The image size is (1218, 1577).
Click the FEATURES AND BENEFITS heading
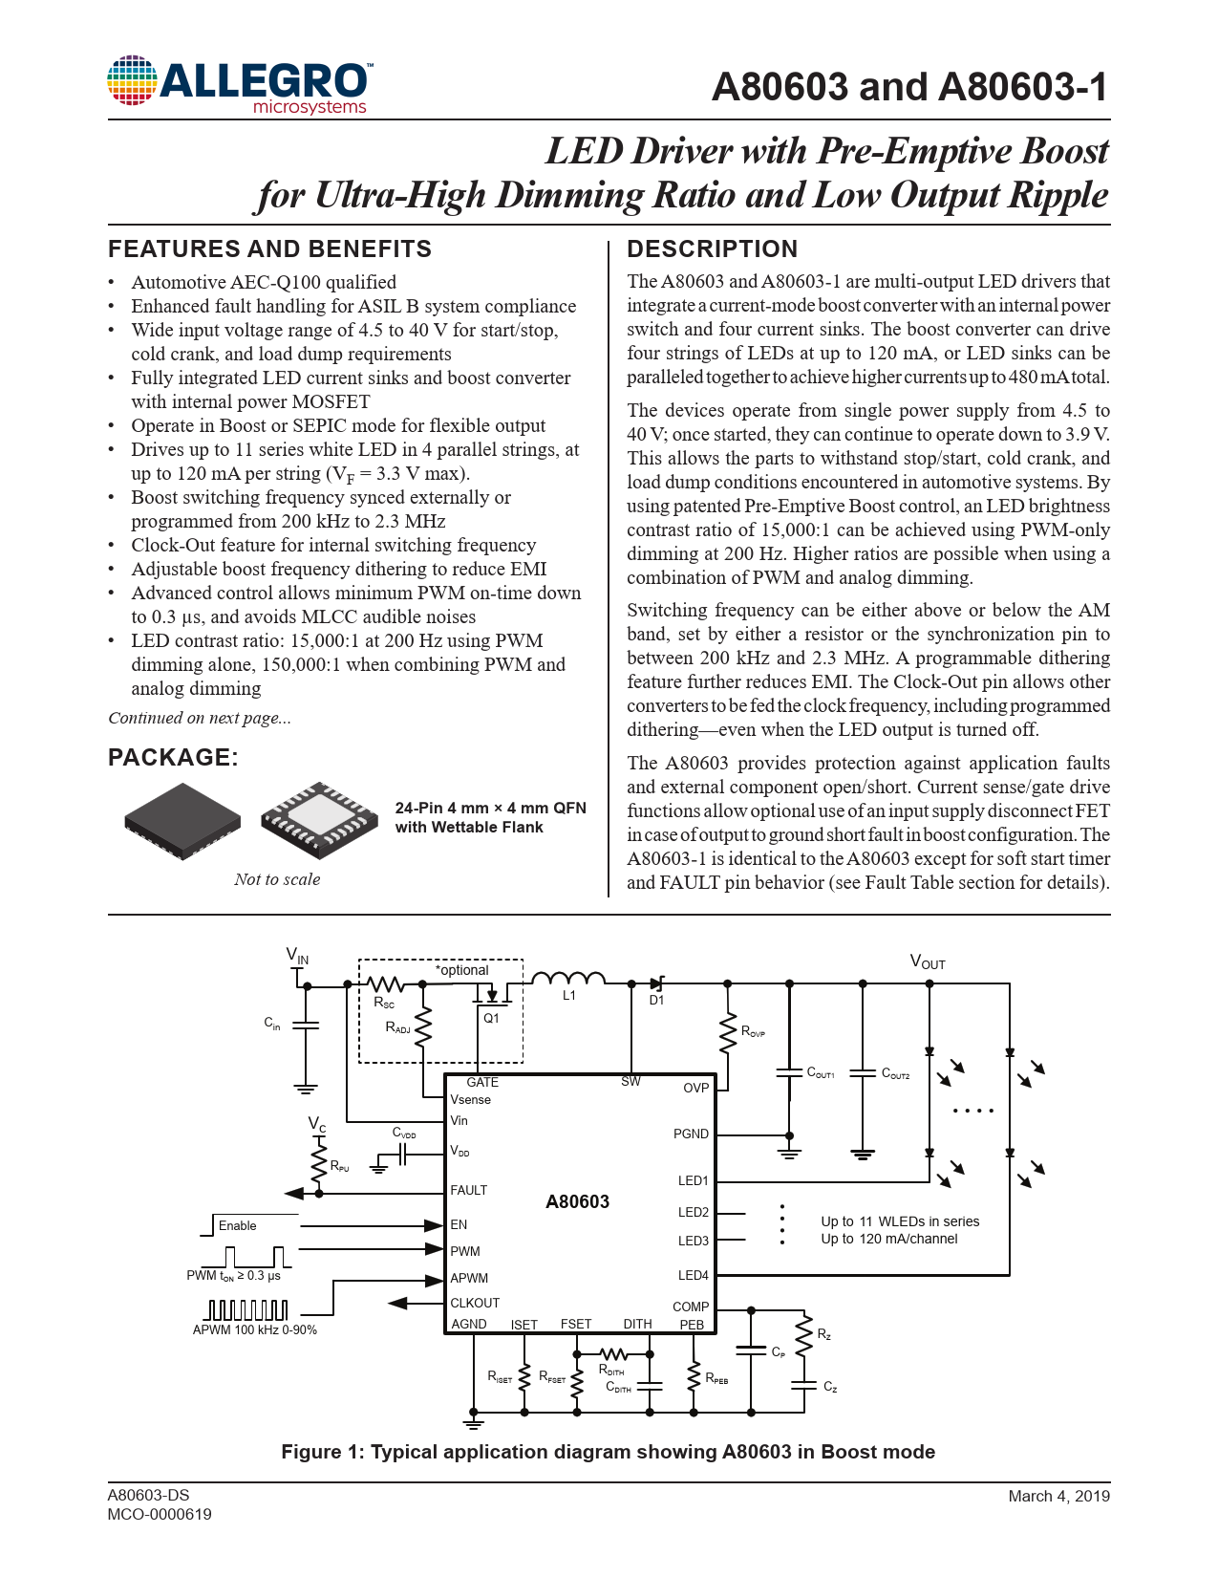[x=269, y=249]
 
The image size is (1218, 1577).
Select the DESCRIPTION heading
[x=712, y=249]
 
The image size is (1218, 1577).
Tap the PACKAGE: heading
[x=173, y=758]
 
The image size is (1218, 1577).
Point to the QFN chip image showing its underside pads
[x=319, y=819]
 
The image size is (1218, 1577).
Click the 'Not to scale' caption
[x=277, y=879]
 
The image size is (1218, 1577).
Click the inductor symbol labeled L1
[x=568, y=979]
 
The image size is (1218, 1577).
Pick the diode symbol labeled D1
[x=656, y=983]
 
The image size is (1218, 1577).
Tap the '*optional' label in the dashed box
[x=462, y=970]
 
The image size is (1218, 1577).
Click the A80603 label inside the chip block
[x=577, y=1202]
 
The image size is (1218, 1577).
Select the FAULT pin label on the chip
[x=469, y=1190]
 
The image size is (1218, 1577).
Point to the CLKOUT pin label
[x=475, y=1303]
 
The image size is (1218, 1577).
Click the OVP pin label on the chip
[x=695, y=1088]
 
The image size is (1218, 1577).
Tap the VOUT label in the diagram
[x=927, y=962]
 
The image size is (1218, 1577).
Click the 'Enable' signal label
[x=237, y=1225]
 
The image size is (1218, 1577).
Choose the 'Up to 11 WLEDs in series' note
[x=900, y=1221]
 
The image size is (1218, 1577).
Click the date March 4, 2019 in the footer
[x=1058, y=1496]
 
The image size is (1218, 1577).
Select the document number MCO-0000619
[x=160, y=1514]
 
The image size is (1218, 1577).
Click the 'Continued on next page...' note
[x=200, y=718]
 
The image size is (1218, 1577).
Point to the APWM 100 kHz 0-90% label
[x=255, y=1329]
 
